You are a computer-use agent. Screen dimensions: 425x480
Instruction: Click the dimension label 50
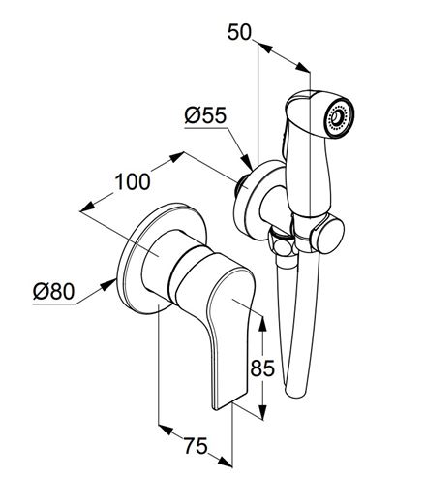tap(239, 32)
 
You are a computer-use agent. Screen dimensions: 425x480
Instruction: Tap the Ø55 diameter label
tap(205, 115)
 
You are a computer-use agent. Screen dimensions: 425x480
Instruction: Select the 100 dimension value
tap(133, 181)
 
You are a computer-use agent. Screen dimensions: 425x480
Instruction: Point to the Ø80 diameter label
tap(54, 291)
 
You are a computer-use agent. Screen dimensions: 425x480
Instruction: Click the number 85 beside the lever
tap(262, 368)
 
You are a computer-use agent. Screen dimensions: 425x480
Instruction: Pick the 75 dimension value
tap(196, 446)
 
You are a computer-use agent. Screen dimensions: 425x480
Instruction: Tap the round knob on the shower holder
tap(330, 236)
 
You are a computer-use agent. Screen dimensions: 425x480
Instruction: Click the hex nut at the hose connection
tap(282, 246)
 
